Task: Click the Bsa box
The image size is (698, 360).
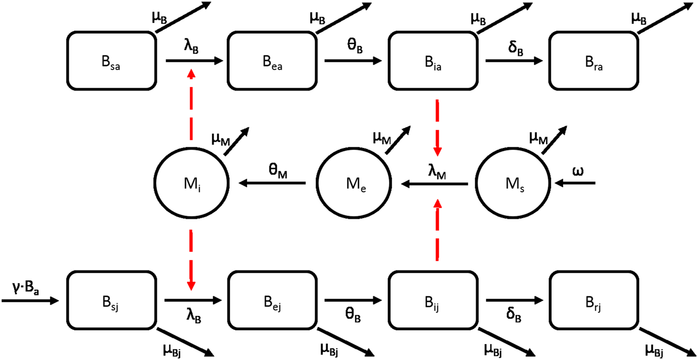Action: (111, 61)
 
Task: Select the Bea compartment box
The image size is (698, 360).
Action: (272, 61)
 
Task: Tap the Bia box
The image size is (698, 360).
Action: (433, 61)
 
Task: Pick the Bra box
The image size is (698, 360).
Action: (593, 61)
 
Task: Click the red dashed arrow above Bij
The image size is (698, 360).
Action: (437, 230)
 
